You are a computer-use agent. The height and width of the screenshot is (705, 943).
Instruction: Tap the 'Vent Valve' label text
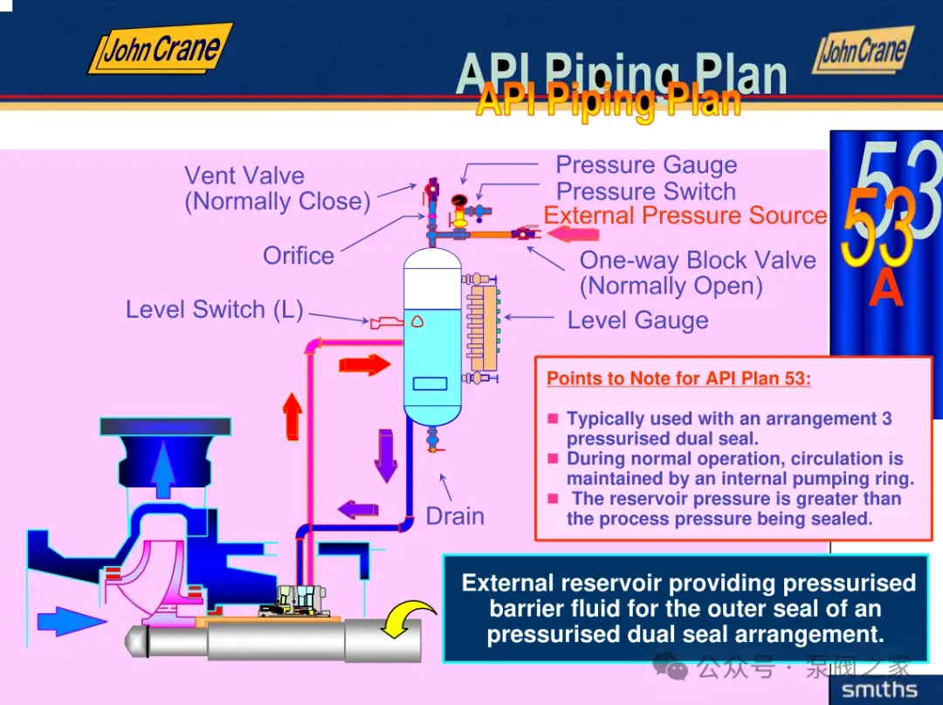pyautogui.click(x=244, y=176)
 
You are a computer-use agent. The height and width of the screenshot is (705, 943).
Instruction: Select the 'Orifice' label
pyautogui.click(x=299, y=256)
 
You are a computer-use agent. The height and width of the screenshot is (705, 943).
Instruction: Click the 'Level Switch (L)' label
pyautogui.click(x=214, y=309)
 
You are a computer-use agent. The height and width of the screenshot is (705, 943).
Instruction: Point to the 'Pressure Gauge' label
pyautogui.click(x=646, y=165)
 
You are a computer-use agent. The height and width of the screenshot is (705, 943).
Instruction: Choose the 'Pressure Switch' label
pyautogui.click(x=646, y=191)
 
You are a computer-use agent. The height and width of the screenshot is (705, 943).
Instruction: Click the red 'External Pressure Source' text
pyautogui.click(x=685, y=216)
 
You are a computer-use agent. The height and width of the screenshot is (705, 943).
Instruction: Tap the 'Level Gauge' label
pyautogui.click(x=637, y=321)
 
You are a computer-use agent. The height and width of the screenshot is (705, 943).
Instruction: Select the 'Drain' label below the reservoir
pyautogui.click(x=455, y=516)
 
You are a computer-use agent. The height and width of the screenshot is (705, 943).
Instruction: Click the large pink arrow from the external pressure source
pyautogui.click(x=573, y=233)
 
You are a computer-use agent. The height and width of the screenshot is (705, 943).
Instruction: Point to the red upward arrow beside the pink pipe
pyautogui.click(x=293, y=416)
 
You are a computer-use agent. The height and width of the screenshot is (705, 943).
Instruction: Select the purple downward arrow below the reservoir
pyautogui.click(x=385, y=454)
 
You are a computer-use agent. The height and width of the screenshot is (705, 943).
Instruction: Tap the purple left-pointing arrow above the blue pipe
pyautogui.click(x=358, y=508)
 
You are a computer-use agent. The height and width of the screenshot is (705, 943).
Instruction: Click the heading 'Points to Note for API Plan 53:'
pyautogui.click(x=678, y=379)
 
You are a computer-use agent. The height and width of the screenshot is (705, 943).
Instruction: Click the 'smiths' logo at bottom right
pyautogui.click(x=878, y=690)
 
